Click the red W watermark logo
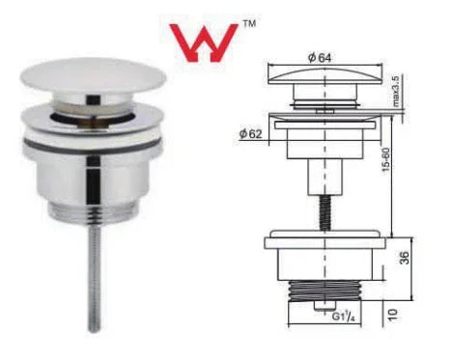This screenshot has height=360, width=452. coord(204,42)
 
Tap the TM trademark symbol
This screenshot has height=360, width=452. coord(248,23)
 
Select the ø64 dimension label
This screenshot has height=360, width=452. coord(320,58)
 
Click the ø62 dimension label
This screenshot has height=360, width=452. coord(250,133)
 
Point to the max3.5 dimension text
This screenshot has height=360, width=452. coord(395,92)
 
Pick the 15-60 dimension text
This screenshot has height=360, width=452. coord(386,160)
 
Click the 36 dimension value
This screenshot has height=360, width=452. coord(405,258)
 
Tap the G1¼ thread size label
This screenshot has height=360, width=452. coord(343,317)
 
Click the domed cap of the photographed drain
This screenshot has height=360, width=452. coord(94,75)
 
